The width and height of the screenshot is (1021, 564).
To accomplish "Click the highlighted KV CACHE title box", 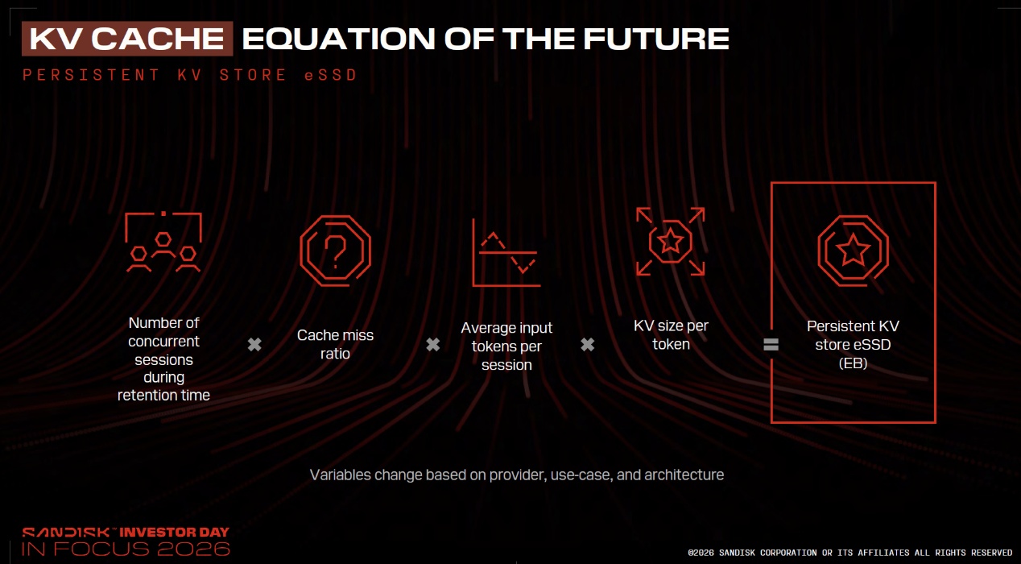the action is [127, 39].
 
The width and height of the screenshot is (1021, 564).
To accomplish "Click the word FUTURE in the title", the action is [656, 39].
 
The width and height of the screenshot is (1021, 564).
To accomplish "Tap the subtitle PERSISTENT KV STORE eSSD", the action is [189, 75].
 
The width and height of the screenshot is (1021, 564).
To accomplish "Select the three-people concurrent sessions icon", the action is [163, 242].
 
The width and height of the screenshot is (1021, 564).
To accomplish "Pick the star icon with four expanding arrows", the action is [671, 241].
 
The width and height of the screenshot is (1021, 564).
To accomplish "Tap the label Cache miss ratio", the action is [335, 344].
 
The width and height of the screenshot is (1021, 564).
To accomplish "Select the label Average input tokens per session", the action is [506, 346].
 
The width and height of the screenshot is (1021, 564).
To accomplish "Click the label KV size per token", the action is [671, 334].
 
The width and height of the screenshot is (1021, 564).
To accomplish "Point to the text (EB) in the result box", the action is [853, 363].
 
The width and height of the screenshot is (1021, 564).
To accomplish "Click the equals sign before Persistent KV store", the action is [771, 344].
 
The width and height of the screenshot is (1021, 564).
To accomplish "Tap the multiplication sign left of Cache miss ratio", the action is [254, 344].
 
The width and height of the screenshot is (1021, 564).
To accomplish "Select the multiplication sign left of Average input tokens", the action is [433, 344].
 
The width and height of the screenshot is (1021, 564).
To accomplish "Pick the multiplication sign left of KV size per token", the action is [588, 344].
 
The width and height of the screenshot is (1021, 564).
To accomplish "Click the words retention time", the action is [163, 395].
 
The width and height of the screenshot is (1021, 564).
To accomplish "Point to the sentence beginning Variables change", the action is [517, 475].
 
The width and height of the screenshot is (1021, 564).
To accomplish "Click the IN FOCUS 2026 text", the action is [126, 549].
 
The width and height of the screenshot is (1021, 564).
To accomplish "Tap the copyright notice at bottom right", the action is [850, 553].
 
